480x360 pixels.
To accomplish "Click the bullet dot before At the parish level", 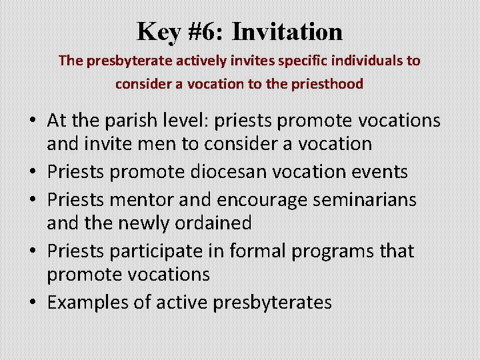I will (32, 121).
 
